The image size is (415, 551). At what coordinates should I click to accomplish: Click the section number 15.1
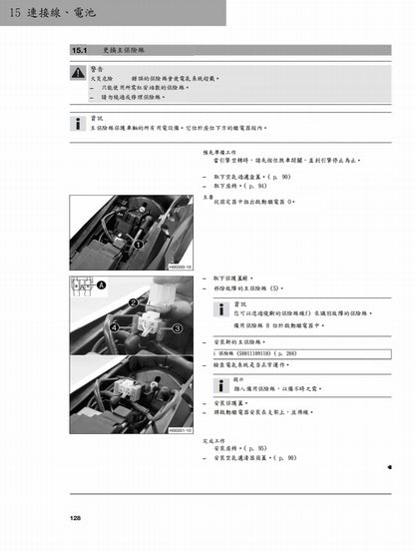[x=81, y=49]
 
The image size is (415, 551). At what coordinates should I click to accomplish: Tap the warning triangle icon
[x=77, y=72]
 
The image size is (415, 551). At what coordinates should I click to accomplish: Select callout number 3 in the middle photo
[x=177, y=326]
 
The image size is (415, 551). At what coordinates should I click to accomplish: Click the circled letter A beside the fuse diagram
[x=100, y=284]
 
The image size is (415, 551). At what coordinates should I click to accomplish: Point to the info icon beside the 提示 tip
[x=220, y=383]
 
